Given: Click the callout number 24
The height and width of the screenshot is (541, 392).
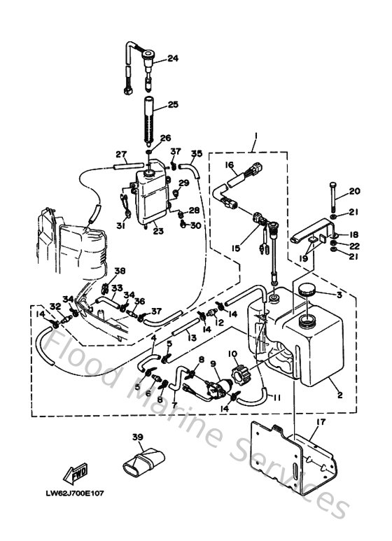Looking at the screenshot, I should point(172,59).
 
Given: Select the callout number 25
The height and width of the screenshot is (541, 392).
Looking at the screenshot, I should point(172,105).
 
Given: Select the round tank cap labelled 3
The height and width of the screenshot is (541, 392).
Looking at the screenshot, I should point(307,288).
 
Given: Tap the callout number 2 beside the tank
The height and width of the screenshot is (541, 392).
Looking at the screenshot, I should point(339,395).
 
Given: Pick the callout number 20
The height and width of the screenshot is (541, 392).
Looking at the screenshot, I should point(354,191).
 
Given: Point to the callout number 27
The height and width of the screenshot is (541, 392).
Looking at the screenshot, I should point(120,155).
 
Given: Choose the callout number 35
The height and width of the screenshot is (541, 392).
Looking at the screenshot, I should point(196,153).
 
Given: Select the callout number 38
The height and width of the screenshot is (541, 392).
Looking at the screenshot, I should point(120,272).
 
